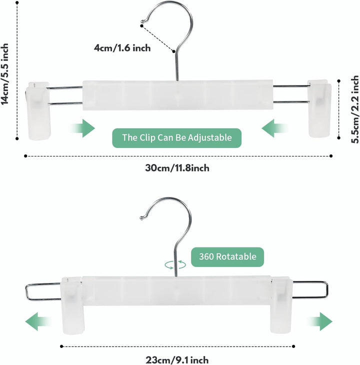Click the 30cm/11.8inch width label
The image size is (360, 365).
point(177,168)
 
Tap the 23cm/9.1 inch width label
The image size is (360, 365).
point(177,359)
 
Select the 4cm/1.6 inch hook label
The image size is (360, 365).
point(122,48)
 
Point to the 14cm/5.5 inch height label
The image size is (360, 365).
point(5,74)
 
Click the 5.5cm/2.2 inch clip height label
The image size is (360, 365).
point(355,109)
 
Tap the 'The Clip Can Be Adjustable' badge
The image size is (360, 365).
point(177,138)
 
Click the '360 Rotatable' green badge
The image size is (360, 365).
point(227,257)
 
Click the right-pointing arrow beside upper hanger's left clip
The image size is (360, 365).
point(83,128)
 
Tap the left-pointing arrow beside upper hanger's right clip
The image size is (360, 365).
point(274,128)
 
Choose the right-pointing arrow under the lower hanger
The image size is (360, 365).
point(320,321)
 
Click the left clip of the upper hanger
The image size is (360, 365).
point(38,111)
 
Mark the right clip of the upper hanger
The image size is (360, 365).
point(319,108)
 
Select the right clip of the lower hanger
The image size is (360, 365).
point(281,304)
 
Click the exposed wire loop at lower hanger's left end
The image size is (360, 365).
point(26,291)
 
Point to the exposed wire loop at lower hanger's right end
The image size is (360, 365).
point(327,290)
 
